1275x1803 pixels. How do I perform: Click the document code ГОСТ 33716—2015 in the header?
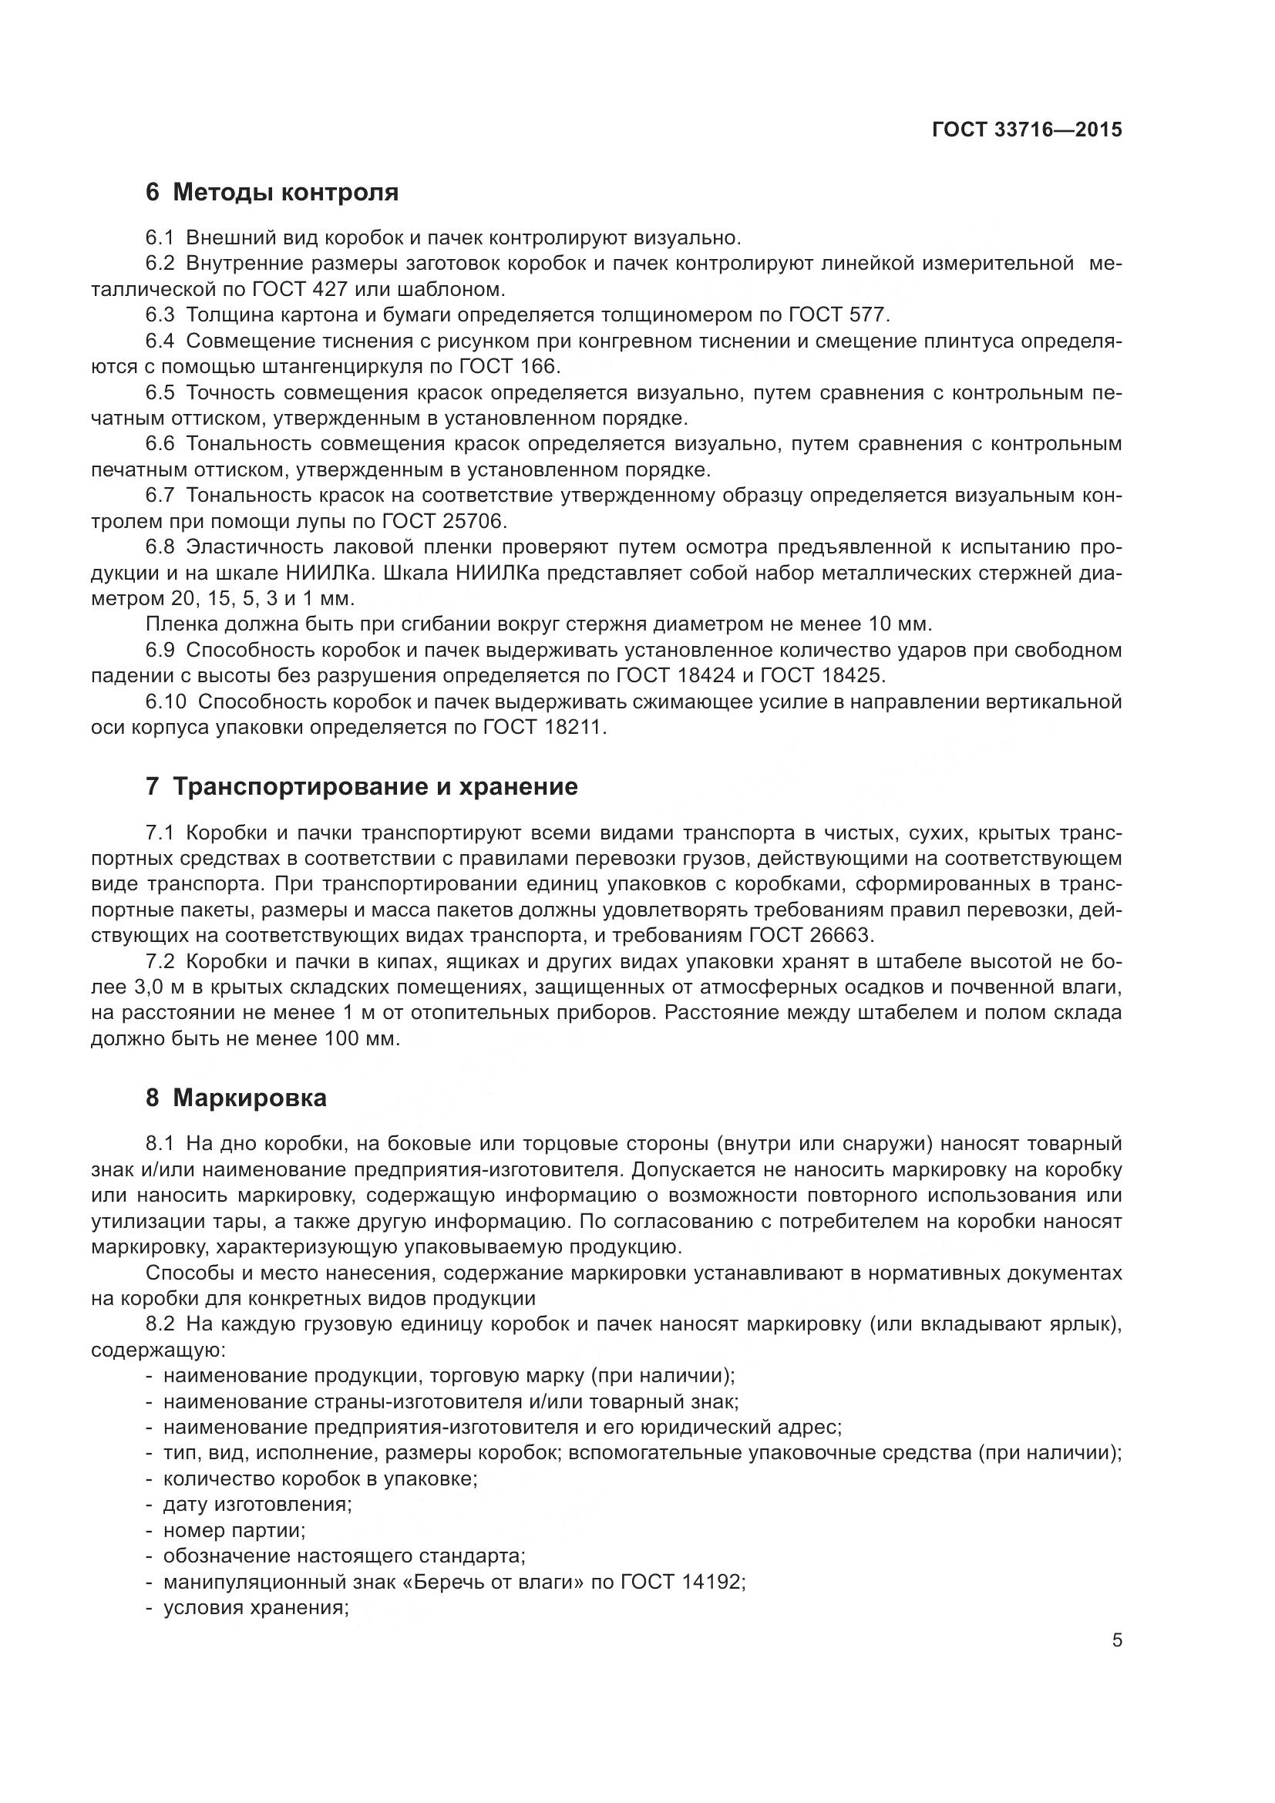1026,130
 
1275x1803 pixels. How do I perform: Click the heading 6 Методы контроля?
271,193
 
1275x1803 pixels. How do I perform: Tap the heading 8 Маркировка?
236,1098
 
